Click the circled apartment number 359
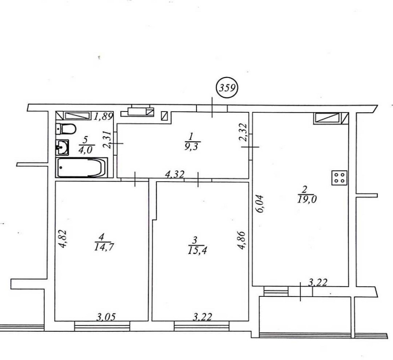pos(227,88)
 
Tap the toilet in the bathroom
pos(66,129)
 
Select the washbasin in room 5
pos(62,147)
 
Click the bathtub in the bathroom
pos(82,168)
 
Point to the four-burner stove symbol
pos(340,178)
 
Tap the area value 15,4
pos(197,250)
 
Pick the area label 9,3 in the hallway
pos(191,146)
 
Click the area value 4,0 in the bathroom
pos(86,150)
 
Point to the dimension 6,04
pos(260,203)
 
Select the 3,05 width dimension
pos(106,317)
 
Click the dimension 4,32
pos(175,174)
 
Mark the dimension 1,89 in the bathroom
pos(103,117)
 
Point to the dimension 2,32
pos(244,133)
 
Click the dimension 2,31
pos(108,139)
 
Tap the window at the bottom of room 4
pos(102,326)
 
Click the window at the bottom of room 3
pos(202,326)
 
